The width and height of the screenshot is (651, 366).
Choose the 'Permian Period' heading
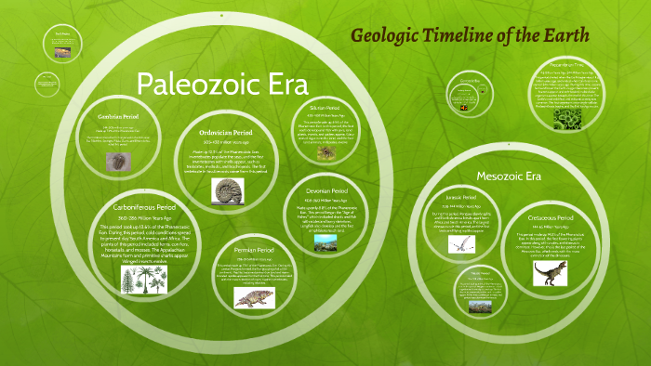pyautogui.click(x=255, y=250)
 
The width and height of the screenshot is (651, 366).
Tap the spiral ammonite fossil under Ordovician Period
pyautogui.click(x=226, y=191)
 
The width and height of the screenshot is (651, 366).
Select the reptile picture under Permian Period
pyautogui.click(x=253, y=298)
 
